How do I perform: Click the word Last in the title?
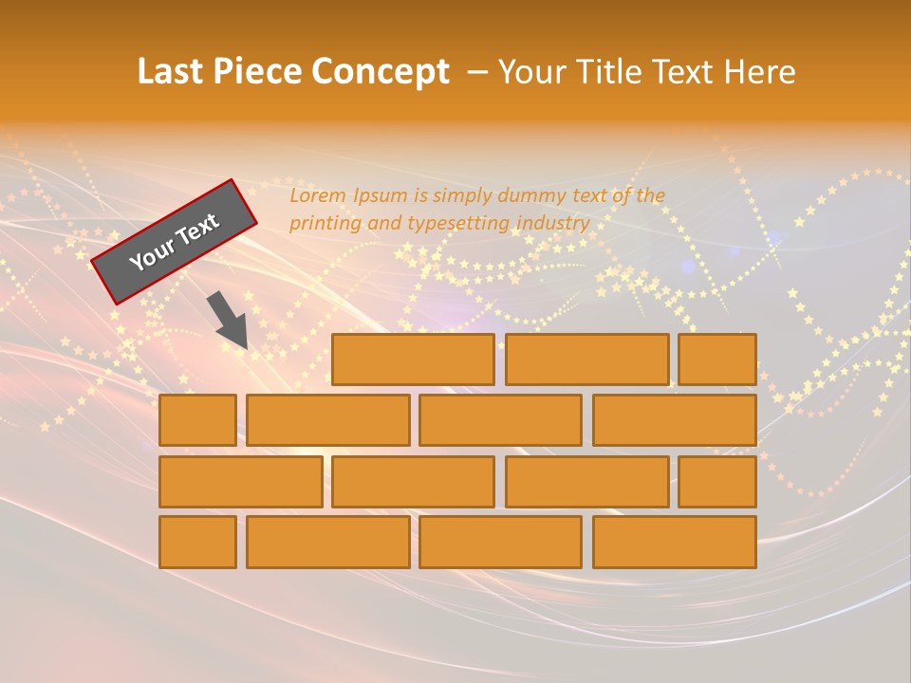tap(172, 72)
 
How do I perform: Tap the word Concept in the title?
tap(381, 72)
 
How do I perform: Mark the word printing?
tap(323, 224)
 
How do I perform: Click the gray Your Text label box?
tap(174, 241)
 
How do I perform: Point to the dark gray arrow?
tap(229, 319)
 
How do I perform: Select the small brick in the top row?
tap(717, 360)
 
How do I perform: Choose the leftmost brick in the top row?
tap(413, 360)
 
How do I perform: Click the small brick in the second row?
tap(197, 420)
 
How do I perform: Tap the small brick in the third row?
tap(717, 482)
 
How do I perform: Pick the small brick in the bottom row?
tap(197, 543)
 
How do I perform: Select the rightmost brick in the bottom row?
tap(675, 543)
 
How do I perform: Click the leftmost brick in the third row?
tap(240, 482)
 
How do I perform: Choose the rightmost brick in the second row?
tap(675, 420)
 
